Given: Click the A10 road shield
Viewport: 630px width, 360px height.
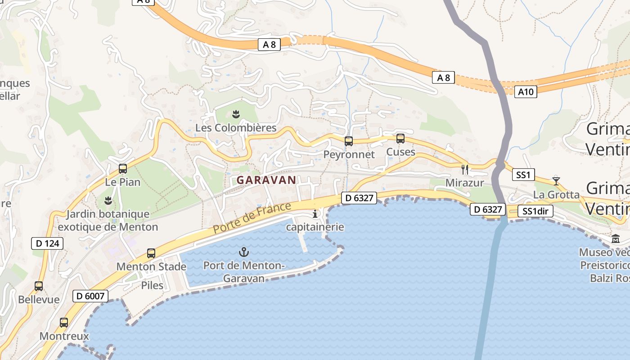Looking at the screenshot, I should (526, 92).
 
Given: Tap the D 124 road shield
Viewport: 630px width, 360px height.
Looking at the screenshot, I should (47, 243).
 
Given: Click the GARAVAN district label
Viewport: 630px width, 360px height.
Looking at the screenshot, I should (266, 180).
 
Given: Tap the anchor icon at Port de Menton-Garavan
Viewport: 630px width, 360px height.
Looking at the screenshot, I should (244, 252).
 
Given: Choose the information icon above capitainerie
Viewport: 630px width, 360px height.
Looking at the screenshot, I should (315, 214).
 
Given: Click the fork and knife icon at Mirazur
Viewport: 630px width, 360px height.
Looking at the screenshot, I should (465, 170).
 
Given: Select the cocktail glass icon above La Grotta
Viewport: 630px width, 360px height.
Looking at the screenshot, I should (556, 181).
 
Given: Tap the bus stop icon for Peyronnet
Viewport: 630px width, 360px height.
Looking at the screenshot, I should (349, 141).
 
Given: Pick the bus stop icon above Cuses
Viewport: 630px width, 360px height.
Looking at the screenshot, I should (400, 139).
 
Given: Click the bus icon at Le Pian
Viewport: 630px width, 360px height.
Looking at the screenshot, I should (123, 169).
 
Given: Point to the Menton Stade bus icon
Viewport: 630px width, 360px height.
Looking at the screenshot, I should (151, 253).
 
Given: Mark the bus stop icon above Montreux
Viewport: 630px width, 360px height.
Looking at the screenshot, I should (64, 323).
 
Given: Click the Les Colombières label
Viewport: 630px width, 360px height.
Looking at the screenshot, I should (236, 128).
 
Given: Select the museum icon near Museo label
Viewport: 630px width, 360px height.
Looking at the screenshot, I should (616, 238).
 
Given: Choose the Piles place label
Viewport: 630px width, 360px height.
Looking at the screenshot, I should (152, 285).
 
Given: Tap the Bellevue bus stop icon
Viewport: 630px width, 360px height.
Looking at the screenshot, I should (39, 286).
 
